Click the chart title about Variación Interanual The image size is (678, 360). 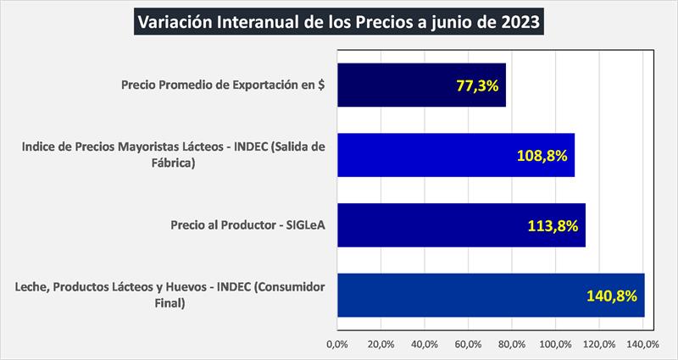pyautogui.click(x=338, y=20)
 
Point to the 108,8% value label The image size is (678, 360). pyautogui.click(x=542, y=156)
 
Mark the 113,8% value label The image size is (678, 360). pyautogui.click(x=553, y=225)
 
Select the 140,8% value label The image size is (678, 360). pyautogui.click(x=611, y=296)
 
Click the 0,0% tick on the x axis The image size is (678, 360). pyautogui.click(x=337, y=345)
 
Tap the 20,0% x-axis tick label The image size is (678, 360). pyautogui.click(x=381, y=345)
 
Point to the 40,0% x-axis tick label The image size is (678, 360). pyautogui.click(x=425, y=345)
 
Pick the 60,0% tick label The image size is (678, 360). pyautogui.click(x=468, y=345)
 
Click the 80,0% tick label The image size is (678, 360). pyautogui.click(x=512, y=345)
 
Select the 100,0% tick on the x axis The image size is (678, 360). pyautogui.click(x=556, y=345)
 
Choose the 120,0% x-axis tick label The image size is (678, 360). pyautogui.click(x=599, y=345)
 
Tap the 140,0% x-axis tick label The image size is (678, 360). pyautogui.click(x=643, y=345)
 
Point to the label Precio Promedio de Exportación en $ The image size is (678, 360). pyautogui.click(x=224, y=86)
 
